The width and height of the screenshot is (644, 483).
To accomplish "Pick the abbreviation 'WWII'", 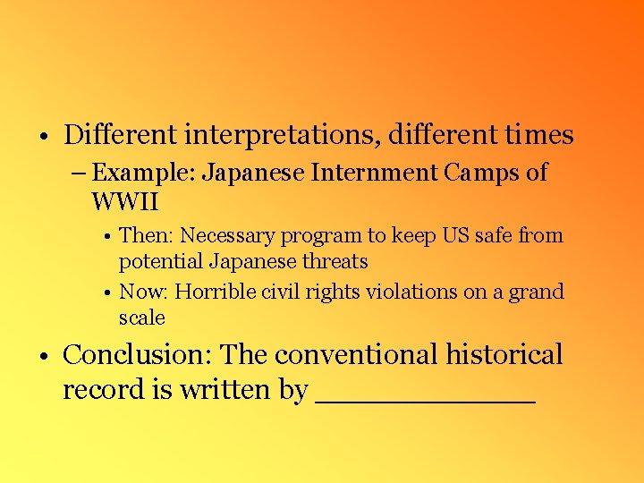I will click(x=124, y=200).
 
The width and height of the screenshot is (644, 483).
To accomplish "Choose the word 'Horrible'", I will click(x=216, y=292).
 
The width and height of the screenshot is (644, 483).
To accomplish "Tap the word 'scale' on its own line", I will click(x=142, y=318).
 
